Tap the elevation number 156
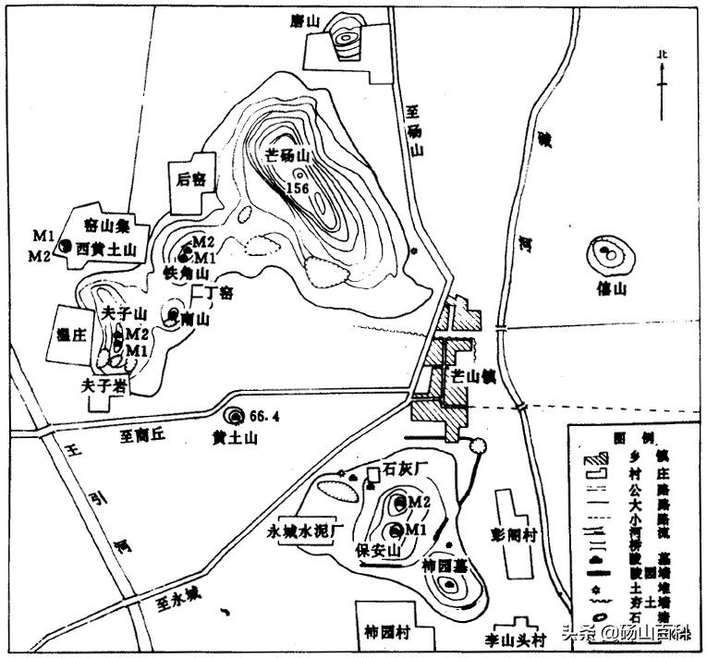tap(298, 188)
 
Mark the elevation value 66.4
tap(265, 416)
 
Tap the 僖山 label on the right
tap(612, 289)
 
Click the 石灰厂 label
tap(403, 469)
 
